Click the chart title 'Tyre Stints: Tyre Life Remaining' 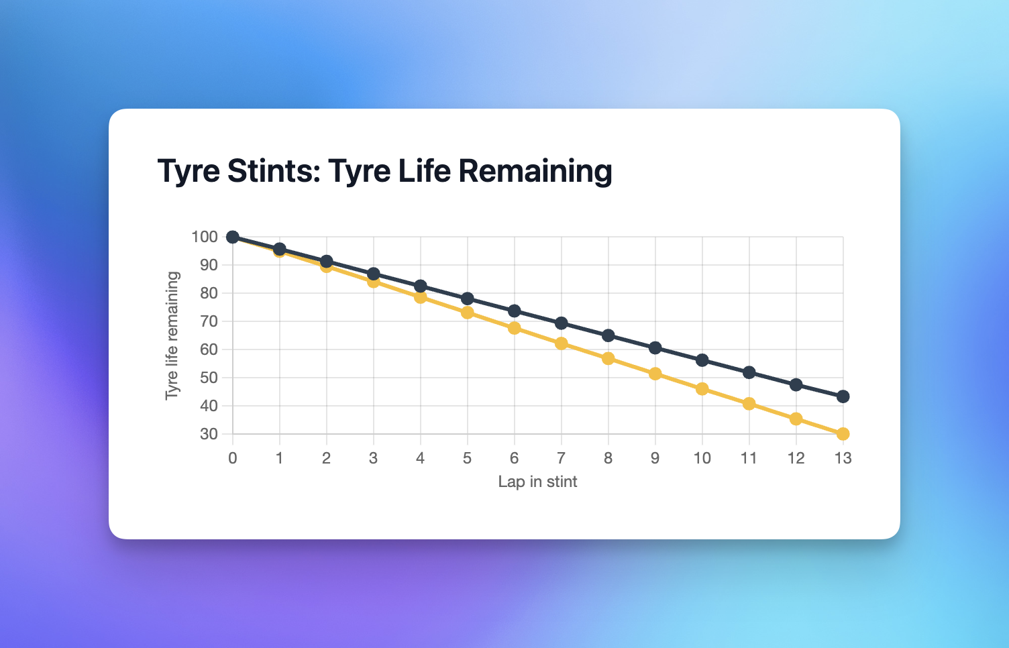point(384,171)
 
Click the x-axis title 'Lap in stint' point(537,482)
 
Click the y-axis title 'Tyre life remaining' point(172,335)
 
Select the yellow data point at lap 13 point(843,434)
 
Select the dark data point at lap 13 point(843,396)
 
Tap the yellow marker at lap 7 point(562,343)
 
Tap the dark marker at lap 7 point(562,323)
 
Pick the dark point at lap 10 point(702,360)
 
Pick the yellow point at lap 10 point(702,389)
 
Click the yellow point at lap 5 point(468,313)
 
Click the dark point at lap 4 point(421,286)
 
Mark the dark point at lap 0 point(233,237)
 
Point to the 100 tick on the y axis point(205,237)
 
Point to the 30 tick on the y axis point(209,434)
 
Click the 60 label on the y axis point(209,349)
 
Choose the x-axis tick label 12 point(796,458)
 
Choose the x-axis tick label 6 point(515,458)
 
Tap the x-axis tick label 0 point(233,458)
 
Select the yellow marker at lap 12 point(796,419)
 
